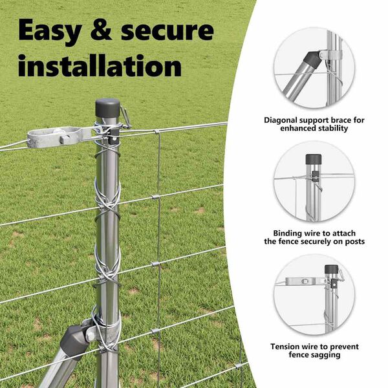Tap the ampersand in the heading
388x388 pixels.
tap(101, 30)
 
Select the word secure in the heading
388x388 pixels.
tap(167, 31)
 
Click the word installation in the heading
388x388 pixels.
tap(100, 65)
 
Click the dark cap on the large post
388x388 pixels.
tap(107, 108)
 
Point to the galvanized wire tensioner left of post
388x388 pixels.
tap(59, 137)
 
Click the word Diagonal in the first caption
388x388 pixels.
tap(281, 120)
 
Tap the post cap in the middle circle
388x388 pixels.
tap(314, 159)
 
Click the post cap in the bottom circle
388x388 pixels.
tap(331, 269)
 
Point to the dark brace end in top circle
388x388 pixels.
tap(312, 61)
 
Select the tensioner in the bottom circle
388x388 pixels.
tap(305, 281)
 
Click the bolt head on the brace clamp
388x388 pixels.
tap(91, 336)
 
